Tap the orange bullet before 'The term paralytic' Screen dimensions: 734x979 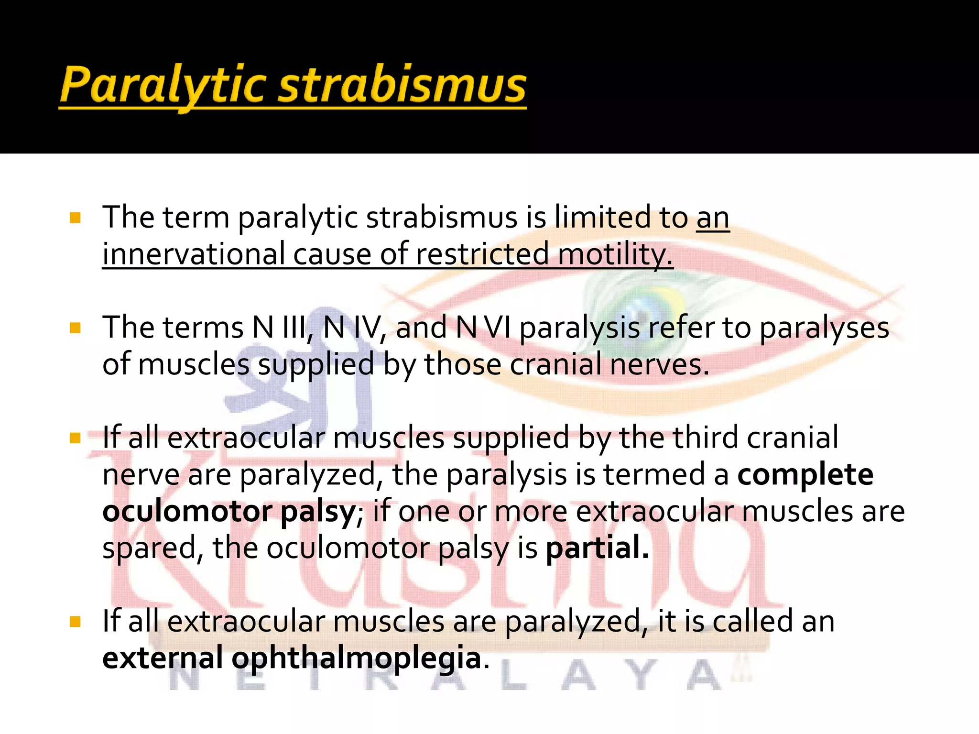75,219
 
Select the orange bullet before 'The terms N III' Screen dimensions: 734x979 75,329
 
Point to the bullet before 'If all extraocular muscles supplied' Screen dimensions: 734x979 75,438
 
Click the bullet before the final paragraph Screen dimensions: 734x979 75,622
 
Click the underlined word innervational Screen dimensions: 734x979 193,254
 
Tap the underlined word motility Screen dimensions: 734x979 615,254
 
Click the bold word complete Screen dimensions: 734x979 805,475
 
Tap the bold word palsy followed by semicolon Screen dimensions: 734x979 317,513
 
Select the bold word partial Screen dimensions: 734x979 597,548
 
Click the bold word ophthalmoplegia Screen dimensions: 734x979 356,658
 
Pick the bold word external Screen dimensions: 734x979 163,658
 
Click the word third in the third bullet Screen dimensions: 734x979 705,438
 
